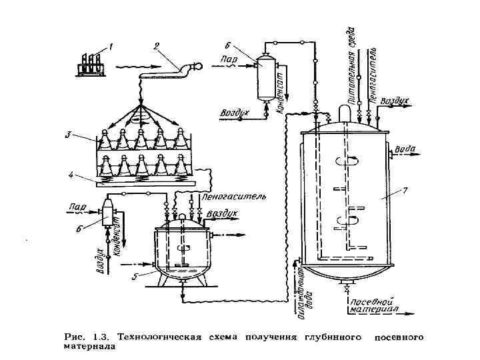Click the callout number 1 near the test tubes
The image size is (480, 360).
111,47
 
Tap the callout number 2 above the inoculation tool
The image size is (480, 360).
156,46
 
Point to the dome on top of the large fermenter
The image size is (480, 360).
345,113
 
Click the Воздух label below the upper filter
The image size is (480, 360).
235,113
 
